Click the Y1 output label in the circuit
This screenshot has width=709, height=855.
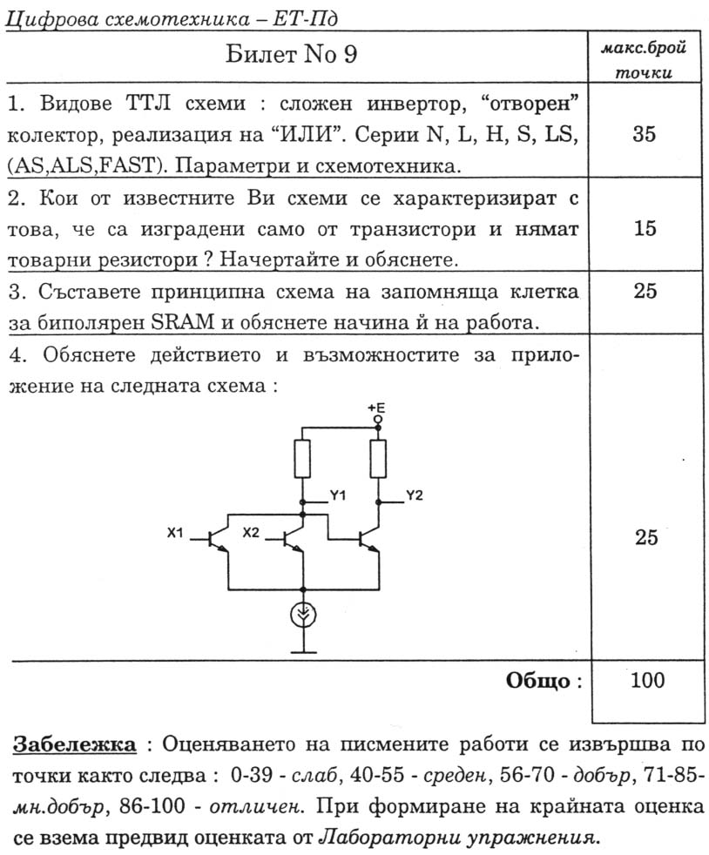[338, 495]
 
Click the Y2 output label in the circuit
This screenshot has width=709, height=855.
[414, 495]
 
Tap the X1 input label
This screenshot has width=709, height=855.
[175, 533]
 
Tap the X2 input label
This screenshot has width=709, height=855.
[251, 533]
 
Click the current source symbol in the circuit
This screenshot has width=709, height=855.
[302, 616]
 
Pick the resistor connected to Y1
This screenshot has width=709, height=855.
[302, 458]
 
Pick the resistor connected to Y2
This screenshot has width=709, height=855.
[378, 458]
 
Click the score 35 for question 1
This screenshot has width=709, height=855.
[645, 135]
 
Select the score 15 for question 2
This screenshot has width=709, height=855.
[645, 228]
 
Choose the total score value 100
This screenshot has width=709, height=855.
[645, 680]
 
